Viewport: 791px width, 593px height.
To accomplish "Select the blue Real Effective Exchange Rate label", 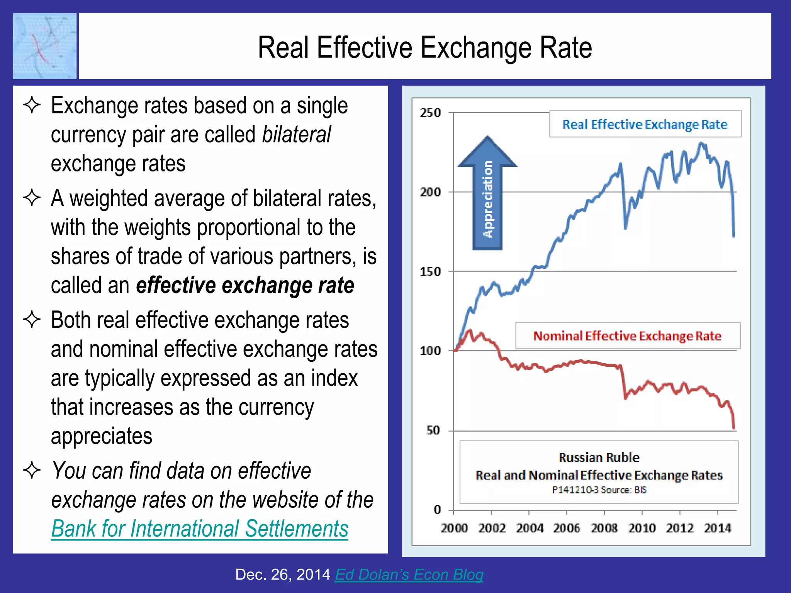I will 645,124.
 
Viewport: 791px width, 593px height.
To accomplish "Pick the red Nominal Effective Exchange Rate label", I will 627,336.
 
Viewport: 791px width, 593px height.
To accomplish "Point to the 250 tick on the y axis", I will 430,113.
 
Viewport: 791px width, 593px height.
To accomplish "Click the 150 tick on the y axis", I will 430,271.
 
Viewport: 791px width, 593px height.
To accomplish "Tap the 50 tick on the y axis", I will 433,430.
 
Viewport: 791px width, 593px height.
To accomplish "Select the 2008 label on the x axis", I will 604,528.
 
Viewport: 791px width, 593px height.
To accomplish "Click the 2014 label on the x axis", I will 717,528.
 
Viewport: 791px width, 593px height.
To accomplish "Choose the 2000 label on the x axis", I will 454,528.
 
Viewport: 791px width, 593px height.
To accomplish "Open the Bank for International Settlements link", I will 200,529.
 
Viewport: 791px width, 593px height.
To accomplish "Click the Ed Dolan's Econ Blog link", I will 409,574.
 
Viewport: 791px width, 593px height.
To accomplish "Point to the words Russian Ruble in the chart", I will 599,457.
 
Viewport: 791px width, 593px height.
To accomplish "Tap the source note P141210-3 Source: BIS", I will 599,490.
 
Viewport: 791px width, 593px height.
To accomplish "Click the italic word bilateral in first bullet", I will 296,134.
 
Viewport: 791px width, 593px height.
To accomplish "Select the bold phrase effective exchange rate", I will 245,285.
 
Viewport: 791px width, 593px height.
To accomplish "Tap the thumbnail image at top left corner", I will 45,46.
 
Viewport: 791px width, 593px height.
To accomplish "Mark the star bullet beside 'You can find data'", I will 32,470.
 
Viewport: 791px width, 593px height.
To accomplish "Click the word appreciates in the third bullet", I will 102,436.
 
